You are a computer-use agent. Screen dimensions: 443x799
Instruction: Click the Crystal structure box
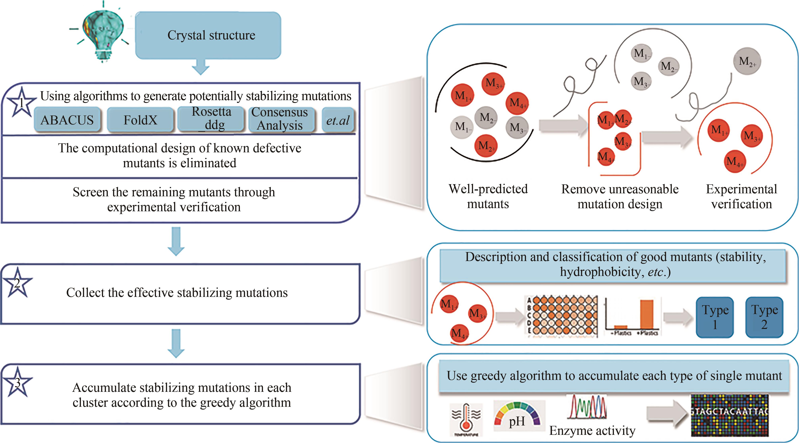[x=208, y=35]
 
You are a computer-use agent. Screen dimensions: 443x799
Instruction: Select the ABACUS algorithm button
[x=67, y=120]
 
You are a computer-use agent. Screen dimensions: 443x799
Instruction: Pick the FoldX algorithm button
[x=140, y=120]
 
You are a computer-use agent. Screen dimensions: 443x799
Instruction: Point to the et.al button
[x=338, y=120]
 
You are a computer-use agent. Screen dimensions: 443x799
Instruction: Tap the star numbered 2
[x=17, y=283]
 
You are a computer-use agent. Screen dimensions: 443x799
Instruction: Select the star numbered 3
[x=17, y=382]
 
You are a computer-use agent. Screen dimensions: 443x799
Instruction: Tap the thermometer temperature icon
[x=466, y=419]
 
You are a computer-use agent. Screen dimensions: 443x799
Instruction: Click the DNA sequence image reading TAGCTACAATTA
[x=730, y=415]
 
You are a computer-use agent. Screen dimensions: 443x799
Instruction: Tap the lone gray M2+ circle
[x=747, y=61]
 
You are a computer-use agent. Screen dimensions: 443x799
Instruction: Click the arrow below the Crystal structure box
[x=201, y=66]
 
